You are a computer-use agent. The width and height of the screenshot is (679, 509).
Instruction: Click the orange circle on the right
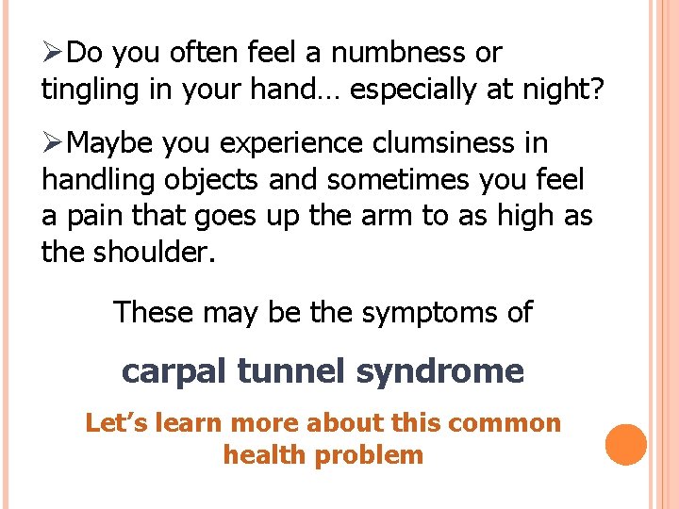click(x=626, y=445)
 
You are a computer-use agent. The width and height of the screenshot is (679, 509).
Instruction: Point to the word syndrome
click(x=439, y=371)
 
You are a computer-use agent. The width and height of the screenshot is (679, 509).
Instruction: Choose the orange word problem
click(x=371, y=455)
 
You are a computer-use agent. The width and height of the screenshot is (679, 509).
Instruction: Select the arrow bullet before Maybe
click(x=54, y=142)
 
